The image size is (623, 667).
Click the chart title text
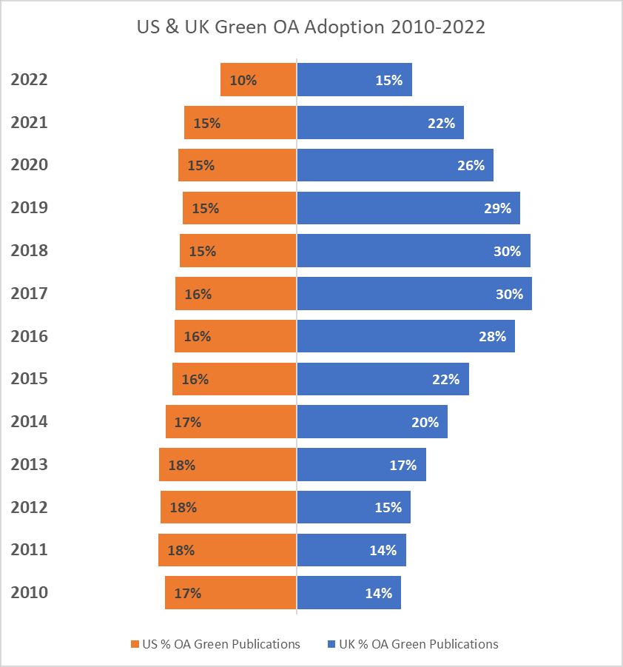pyautogui.click(x=311, y=27)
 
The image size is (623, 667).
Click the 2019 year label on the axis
pyautogui.click(x=29, y=207)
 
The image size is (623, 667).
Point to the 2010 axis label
pyautogui.click(x=29, y=592)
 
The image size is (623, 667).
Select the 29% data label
pyautogui.click(x=497, y=208)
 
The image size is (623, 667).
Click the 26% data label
pyautogui.click(x=471, y=165)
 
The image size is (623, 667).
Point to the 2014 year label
pyautogui.click(x=29, y=421)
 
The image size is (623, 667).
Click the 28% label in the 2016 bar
pyautogui.click(x=492, y=336)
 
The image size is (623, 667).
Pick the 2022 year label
pyautogui.click(x=29, y=79)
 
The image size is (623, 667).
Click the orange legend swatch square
pyautogui.click(x=135, y=644)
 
